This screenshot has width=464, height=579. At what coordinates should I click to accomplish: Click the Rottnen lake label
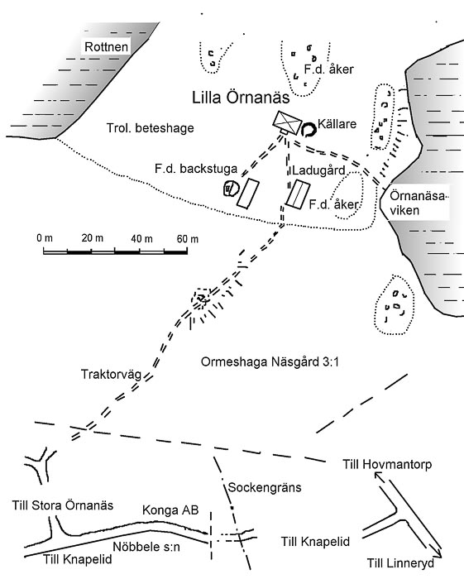point(107,47)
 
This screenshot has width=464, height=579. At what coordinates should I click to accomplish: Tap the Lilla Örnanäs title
point(241,98)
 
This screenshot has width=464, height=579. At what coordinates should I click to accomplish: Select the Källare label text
point(337,124)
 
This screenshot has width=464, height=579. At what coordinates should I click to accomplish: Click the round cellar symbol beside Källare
point(309,129)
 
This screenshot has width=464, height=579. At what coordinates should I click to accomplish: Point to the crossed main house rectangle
point(287,122)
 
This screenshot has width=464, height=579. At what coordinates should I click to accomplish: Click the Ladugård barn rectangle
point(298,194)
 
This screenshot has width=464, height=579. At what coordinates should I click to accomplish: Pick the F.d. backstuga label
point(196,169)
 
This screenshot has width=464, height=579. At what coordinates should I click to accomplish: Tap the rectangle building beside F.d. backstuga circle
point(247,193)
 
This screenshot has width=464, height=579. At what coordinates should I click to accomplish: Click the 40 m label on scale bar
point(141,239)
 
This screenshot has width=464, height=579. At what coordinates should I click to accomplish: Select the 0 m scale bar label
point(45,238)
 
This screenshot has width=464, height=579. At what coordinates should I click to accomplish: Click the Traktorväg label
point(111,375)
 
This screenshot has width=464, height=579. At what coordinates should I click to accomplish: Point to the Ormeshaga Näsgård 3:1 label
point(270,362)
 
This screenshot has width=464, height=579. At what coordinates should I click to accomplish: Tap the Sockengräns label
point(265,487)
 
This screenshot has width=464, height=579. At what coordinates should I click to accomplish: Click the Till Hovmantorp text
point(387,464)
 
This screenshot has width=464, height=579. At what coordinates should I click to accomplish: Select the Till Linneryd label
point(400,563)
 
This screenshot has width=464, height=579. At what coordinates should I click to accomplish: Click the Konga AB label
point(170,510)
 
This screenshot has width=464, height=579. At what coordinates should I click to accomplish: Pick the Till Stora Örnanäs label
point(63,505)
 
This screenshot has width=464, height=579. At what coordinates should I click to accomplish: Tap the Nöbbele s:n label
point(146,547)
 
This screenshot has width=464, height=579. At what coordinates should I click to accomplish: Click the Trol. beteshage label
point(151,128)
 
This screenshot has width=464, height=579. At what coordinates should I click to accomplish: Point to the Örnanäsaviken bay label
point(417,203)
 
